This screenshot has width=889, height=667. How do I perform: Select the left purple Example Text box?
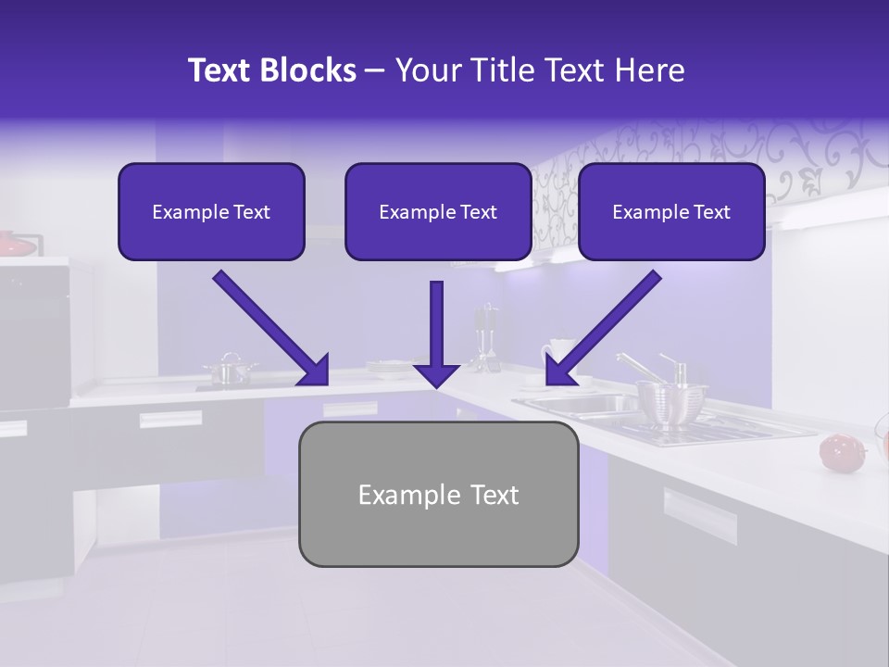click(x=211, y=211)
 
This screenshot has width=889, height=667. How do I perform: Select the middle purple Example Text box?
click(x=438, y=211)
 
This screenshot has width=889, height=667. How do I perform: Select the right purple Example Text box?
click(x=671, y=211)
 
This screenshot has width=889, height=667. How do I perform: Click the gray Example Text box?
click(x=438, y=494)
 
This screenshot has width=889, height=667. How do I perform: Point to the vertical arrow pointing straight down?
click(x=436, y=338)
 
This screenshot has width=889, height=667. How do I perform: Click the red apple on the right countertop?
click(x=837, y=451)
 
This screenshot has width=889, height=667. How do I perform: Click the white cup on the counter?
click(x=558, y=356)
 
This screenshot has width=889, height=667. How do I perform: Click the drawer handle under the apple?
click(x=699, y=514)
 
